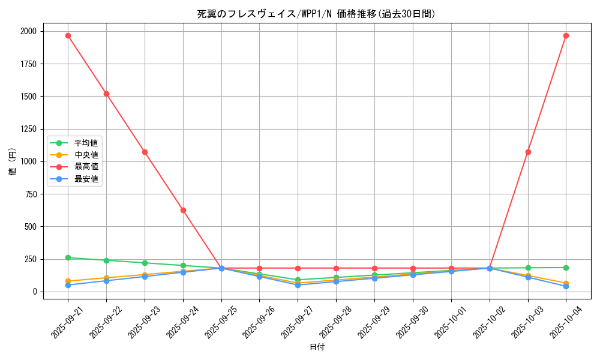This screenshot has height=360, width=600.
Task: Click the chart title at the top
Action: (x=316, y=14)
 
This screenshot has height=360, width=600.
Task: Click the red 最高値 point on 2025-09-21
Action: (x=68, y=35)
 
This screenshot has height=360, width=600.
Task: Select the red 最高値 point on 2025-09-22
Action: (x=106, y=94)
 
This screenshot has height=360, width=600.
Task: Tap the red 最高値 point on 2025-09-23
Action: (x=145, y=152)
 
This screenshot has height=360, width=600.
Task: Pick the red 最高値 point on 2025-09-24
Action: (x=183, y=210)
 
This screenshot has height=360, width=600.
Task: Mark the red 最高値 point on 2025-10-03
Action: (x=528, y=152)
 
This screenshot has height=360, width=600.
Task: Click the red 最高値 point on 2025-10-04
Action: (x=566, y=35)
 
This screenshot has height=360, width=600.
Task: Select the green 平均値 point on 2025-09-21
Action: (x=68, y=257)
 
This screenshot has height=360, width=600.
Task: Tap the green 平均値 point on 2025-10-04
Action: (x=566, y=268)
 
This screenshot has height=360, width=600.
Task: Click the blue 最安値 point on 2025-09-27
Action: (x=298, y=285)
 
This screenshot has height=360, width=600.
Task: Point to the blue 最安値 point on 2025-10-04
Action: (x=566, y=286)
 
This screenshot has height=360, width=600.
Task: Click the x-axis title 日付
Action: (x=317, y=347)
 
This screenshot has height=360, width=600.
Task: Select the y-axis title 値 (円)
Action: (x=13, y=161)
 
